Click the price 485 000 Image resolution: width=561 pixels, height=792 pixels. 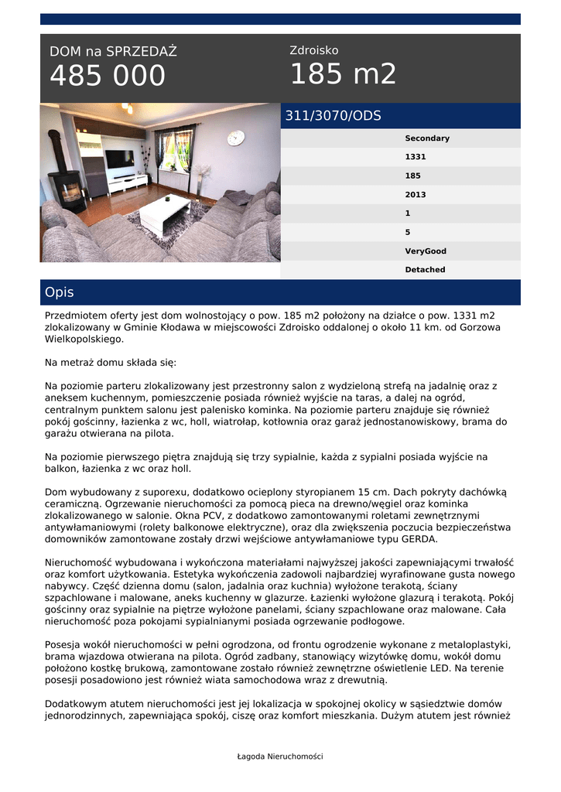pyautogui.click(x=108, y=76)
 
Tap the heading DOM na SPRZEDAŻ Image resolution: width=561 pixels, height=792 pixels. pyautogui.click(x=113, y=52)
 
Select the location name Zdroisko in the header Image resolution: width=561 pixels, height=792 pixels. pyautogui.click(x=313, y=50)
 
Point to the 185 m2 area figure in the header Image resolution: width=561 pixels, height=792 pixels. pyautogui.click(x=343, y=74)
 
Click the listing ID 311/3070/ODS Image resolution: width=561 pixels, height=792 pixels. pyautogui.click(x=334, y=116)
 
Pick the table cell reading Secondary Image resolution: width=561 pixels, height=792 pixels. pyautogui.click(x=426, y=138)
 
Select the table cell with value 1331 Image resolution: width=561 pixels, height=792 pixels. pyautogui.click(x=415, y=157)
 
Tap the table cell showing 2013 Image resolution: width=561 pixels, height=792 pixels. pyautogui.click(x=415, y=195)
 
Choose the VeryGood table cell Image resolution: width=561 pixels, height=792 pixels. pyautogui.click(x=425, y=251)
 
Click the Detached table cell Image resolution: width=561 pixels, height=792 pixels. pyautogui.click(x=425, y=270)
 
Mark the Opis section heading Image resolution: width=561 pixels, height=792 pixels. pyautogui.click(x=60, y=292)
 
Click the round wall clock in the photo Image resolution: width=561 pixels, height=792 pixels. pyautogui.click(x=236, y=138)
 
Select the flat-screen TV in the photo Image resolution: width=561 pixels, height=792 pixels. pyautogui.click(x=119, y=159)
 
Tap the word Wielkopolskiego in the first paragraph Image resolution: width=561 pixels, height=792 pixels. pyautogui.click(x=84, y=339)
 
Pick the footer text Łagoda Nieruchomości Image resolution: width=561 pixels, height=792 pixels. pyautogui.click(x=280, y=756)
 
